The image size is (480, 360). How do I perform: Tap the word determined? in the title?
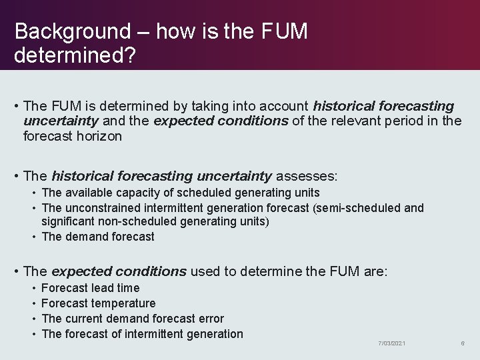point(75,55)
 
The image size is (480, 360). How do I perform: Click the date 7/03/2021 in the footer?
point(392,343)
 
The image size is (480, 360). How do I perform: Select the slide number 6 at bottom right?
point(462,343)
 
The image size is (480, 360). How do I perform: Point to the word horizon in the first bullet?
point(101,136)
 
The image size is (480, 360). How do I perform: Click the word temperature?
point(123,303)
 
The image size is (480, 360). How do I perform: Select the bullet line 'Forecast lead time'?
point(90,288)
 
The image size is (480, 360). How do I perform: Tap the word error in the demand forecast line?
point(209,319)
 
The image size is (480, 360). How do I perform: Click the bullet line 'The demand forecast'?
point(97,237)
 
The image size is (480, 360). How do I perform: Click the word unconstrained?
point(104,208)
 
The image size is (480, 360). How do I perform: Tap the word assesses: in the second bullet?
point(307,177)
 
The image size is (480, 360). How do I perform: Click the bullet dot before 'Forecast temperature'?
point(34,304)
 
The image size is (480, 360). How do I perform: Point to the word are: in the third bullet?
point(375,272)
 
